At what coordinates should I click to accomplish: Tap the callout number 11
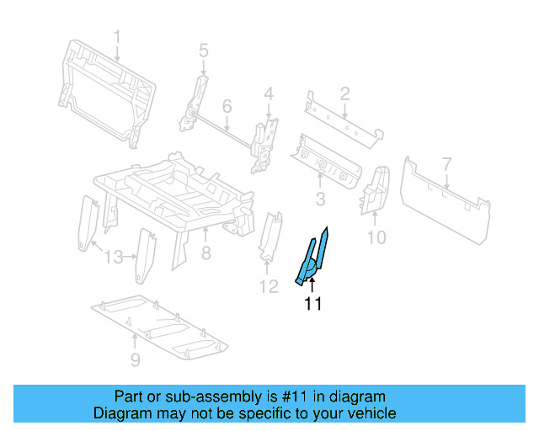[312, 304]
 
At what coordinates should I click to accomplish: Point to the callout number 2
[345, 93]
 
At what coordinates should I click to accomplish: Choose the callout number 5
[203, 51]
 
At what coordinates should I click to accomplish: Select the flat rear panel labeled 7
[445, 198]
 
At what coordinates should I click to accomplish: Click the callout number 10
[376, 237]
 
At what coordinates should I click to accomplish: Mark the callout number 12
[267, 288]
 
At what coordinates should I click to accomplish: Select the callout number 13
[112, 257]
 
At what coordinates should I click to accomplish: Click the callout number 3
[320, 199]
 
